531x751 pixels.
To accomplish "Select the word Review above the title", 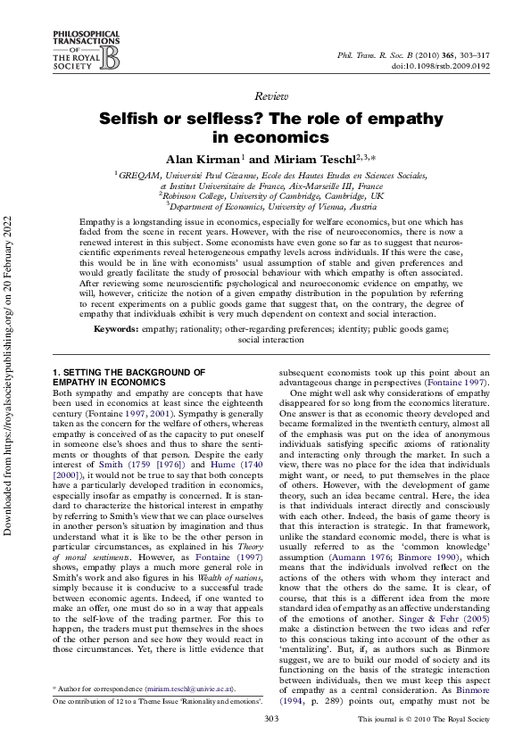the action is coord(265,95).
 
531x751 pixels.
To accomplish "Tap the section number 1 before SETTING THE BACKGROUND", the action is coord(55,371).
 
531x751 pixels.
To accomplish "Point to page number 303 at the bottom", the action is coord(265,719).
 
